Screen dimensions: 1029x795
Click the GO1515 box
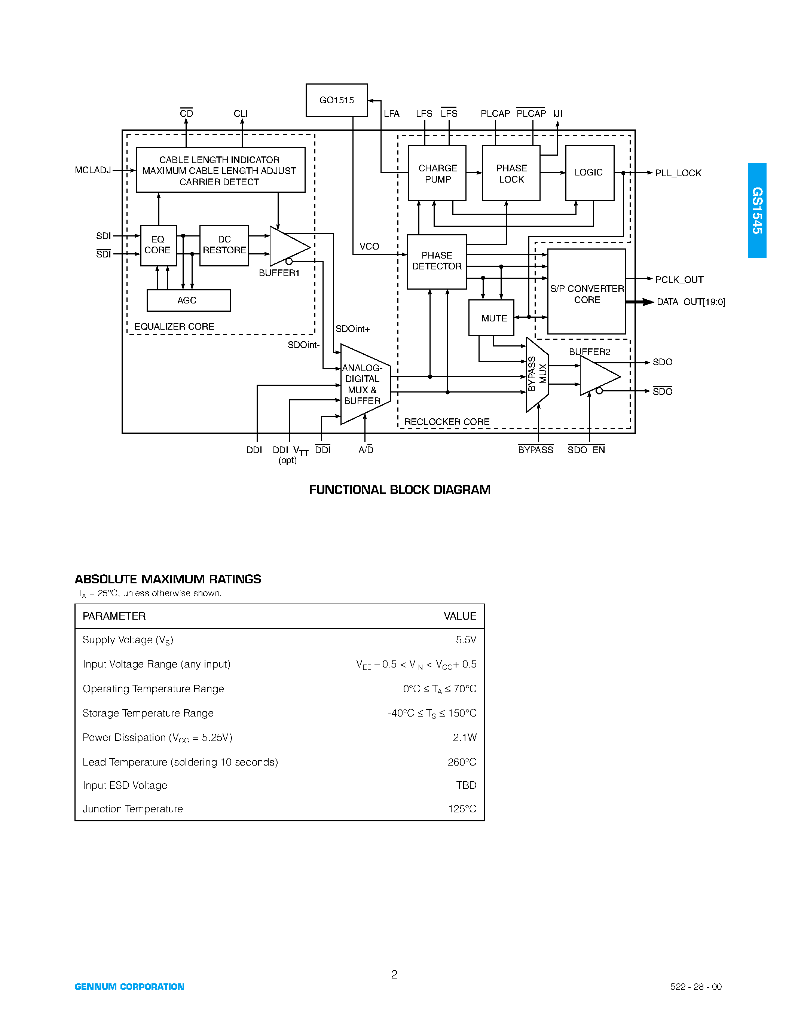tap(336, 100)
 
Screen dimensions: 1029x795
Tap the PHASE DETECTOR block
tap(437, 261)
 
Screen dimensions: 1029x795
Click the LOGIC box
tap(589, 172)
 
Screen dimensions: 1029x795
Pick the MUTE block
tap(491, 318)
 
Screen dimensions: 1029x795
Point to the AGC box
tap(189, 300)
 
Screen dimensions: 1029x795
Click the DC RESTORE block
tap(224, 245)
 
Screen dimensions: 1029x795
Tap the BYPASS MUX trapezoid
tap(537, 374)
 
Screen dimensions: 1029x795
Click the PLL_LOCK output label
tap(678, 173)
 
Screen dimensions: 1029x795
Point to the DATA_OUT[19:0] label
tap(691, 302)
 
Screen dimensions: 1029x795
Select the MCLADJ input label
tap(93, 170)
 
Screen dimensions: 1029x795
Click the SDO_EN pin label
tap(586, 450)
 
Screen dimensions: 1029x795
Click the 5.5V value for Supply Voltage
tap(466, 639)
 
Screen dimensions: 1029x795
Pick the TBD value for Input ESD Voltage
tap(466, 785)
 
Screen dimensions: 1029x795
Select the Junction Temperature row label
tap(133, 809)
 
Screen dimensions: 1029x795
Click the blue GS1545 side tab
tap(756, 210)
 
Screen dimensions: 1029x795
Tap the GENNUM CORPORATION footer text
tap(129, 987)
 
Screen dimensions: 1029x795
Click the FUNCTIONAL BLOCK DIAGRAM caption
tap(400, 490)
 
